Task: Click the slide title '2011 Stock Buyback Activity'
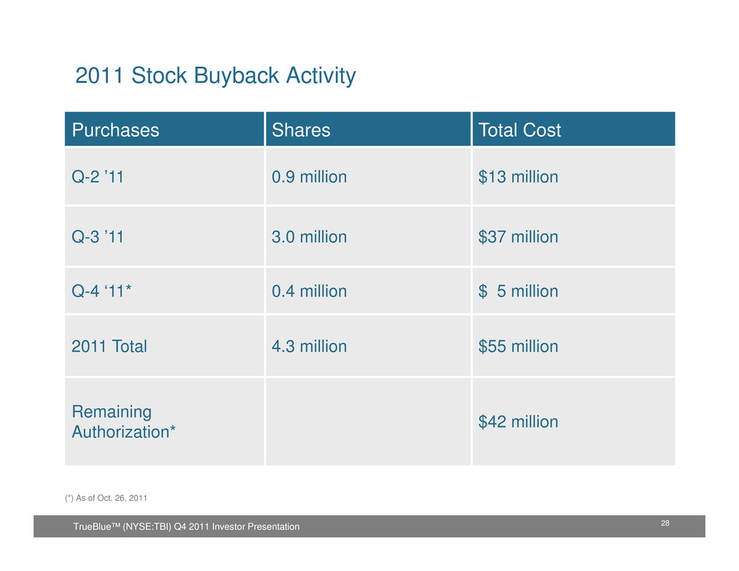tap(215, 76)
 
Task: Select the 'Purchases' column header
tap(115, 130)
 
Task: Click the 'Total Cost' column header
tap(520, 130)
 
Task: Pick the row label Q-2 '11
tap(98, 177)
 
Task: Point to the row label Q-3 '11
tap(98, 237)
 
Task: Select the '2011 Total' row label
tap(109, 347)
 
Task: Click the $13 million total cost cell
tap(518, 177)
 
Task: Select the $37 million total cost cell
tap(518, 237)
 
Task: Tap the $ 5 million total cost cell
tap(518, 292)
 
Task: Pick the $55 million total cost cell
tap(518, 347)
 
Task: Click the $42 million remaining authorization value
tap(518, 422)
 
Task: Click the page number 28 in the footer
tap(665, 525)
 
